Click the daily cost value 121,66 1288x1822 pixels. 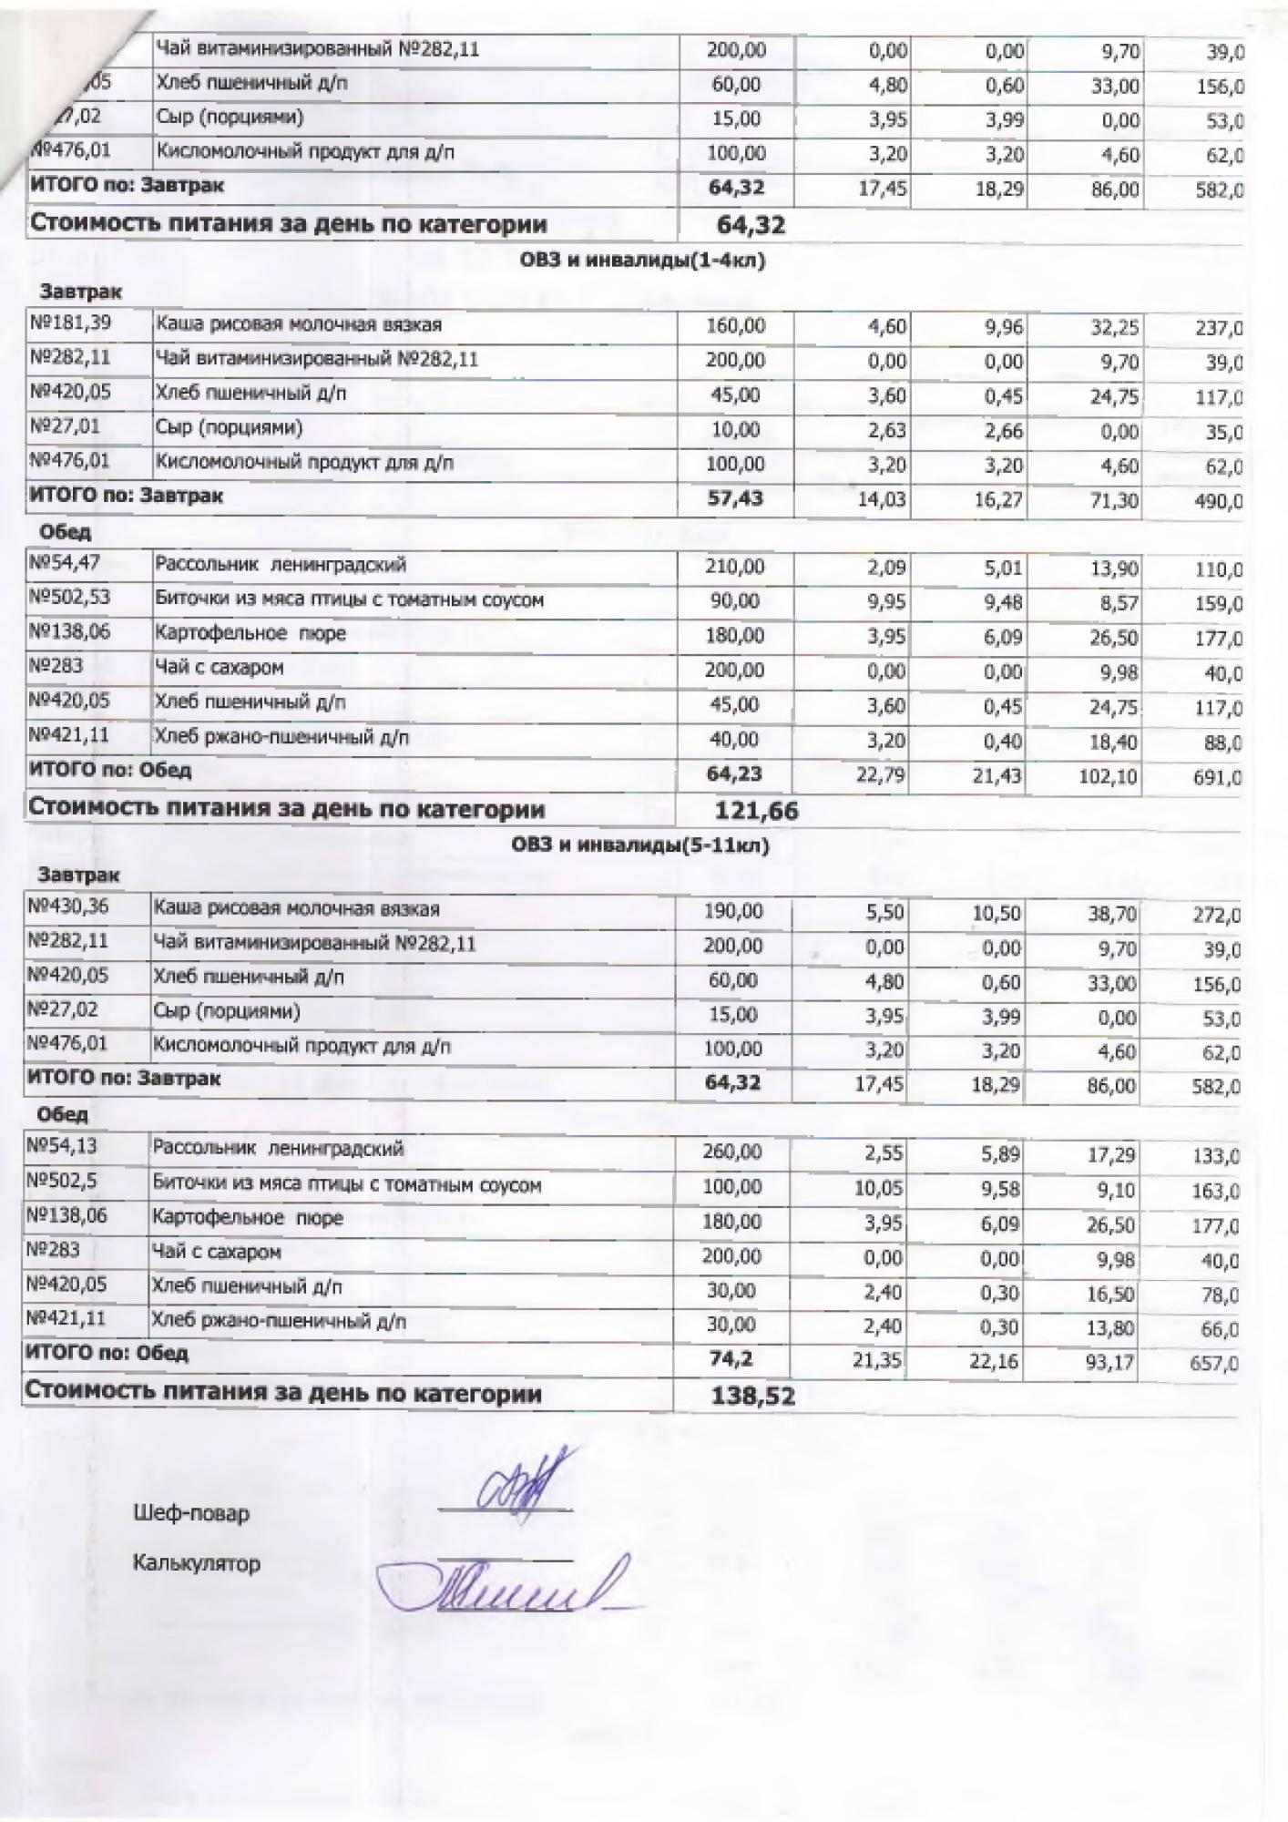click(x=756, y=809)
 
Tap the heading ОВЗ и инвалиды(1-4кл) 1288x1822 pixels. click(x=642, y=261)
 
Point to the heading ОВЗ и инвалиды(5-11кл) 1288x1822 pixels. click(x=640, y=845)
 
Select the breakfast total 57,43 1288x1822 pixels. click(x=735, y=498)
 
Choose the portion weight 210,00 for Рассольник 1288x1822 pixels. click(x=735, y=567)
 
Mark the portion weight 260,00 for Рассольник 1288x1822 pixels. click(x=732, y=1152)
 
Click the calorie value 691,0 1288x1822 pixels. click(x=1219, y=778)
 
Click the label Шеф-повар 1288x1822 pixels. click(x=191, y=1514)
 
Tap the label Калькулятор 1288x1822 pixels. click(x=197, y=1564)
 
